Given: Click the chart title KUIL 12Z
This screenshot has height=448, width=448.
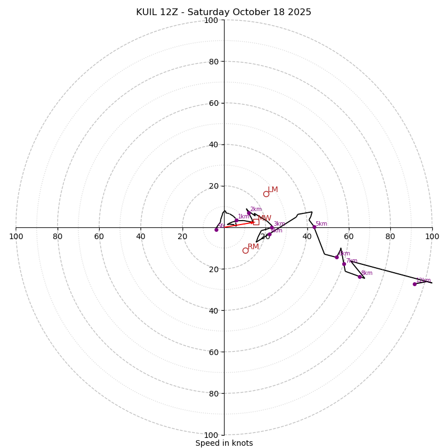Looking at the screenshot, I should click(163, 12).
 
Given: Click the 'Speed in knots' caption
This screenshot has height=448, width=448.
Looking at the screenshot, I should click(224, 443).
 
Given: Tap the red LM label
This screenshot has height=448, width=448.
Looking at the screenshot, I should click(273, 190).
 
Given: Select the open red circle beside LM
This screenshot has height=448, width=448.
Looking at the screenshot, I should click(266, 194).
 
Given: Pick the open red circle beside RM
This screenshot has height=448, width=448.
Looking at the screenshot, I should click(245, 250).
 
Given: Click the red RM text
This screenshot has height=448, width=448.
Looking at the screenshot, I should click(253, 247).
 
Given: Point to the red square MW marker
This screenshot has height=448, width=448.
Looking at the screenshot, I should click(256, 222).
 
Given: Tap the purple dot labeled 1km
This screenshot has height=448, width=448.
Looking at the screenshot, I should click(236, 220).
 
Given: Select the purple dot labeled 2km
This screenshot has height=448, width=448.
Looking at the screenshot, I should click(249, 213).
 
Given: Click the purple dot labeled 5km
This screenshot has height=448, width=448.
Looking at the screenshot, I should click(314, 227).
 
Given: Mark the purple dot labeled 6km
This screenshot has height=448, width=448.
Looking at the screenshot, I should click(337, 257).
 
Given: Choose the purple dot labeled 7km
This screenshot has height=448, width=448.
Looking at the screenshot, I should click(344, 264).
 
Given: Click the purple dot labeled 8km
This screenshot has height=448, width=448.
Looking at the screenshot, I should click(360, 277).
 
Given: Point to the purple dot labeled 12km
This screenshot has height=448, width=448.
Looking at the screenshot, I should click(414, 284).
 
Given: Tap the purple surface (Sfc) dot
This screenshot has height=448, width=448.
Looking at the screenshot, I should click(216, 230).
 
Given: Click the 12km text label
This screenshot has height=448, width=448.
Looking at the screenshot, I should click(423, 280).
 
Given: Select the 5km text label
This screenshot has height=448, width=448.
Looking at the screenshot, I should click(321, 223).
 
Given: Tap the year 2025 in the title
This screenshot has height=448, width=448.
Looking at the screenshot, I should click(300, 12).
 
